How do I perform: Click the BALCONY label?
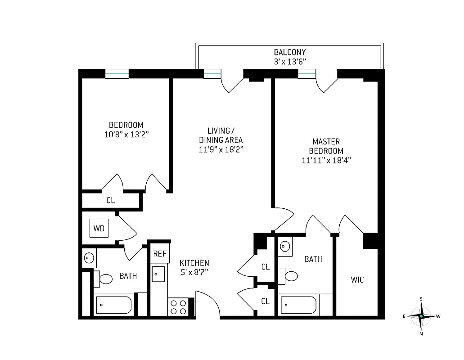[290, 52]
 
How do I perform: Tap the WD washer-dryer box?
[99, 228]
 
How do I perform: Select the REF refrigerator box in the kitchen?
[160, 254]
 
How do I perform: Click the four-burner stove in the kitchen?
[178, 307]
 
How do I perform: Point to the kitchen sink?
[158, 274]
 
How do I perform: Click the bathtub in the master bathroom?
[299, 306]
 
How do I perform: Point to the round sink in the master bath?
[285, 246]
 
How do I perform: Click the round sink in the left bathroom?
[88, 258]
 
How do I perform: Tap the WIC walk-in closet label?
[357, 280]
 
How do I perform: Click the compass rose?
[421, 316]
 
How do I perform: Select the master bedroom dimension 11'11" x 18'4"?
[326, 160]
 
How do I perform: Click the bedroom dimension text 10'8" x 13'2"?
[126, 134]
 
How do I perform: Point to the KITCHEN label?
[194, 263]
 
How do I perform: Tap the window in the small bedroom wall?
[117, 73]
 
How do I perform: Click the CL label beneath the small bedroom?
[111, 201]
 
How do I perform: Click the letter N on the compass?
[421, 334]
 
